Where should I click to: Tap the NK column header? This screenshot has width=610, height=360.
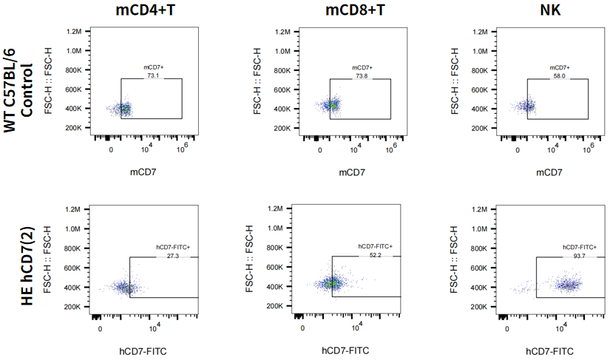pyautogui.click(x=548, y=10)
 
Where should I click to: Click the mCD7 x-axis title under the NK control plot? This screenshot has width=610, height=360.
pyautogui.click(x=548, y=172)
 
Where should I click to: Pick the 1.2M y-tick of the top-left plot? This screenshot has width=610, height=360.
pyautogui.click(x=72, y=32)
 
